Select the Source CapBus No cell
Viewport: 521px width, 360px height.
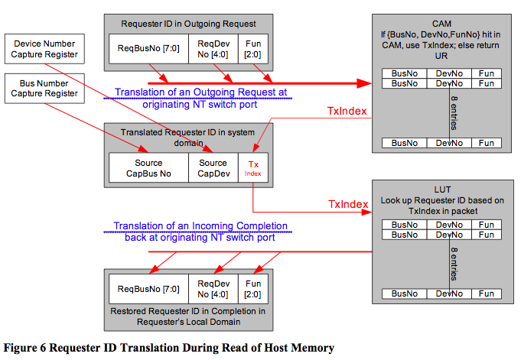click(148, 167)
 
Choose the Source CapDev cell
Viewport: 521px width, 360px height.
click(213, 167)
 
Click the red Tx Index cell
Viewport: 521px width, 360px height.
click(253, 167)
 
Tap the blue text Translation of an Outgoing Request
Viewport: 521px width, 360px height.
click(200, 97)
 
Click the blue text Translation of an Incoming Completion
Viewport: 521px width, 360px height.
click(200, 231)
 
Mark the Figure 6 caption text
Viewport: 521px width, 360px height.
click(168, 348)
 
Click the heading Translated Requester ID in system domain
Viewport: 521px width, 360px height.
click(188, 138)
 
